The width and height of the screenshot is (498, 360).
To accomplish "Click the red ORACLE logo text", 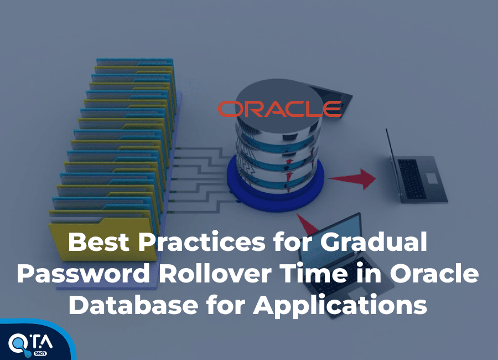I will tap(279, 109).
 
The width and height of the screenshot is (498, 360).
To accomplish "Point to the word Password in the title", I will tap(82, 275).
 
